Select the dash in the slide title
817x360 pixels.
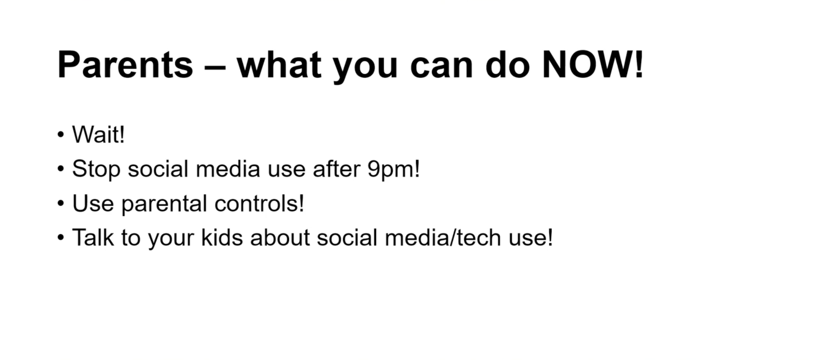(x=215, y=67)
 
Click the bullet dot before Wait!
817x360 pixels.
(x=61, y=135)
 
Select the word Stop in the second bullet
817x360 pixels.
(x=96, y=169)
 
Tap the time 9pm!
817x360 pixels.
(x=393, y=169)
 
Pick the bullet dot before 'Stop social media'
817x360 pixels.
(x=61, y=169)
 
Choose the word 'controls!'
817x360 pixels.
(x=259, y=203)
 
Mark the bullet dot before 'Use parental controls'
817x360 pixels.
(x=61, y=203)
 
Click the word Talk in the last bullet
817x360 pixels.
(x=93, y=237)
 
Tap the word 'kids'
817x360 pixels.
(x=222, y=237)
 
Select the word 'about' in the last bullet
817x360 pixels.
(x=280, y=237)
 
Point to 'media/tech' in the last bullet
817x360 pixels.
(x=443, y=237)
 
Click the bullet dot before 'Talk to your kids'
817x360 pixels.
(x=61, y=238)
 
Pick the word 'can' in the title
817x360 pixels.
(x=441, y=67)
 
